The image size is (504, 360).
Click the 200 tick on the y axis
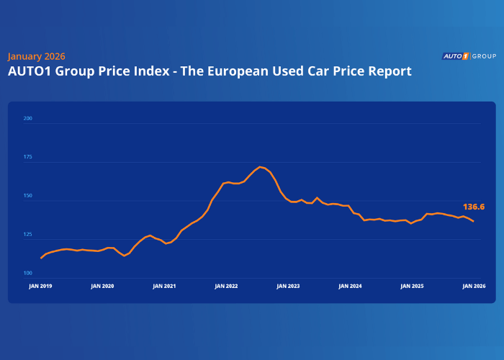pos(28,118)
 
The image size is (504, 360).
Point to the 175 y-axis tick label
pos(28,157)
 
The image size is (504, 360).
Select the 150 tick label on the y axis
pos(28,196)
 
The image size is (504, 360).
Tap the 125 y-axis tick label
pos(28,235)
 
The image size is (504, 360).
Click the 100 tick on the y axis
pos(28,274)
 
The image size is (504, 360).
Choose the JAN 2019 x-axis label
pos(40,286)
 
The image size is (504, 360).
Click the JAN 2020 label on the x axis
pos(102,286)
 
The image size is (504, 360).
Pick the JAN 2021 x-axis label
pos(164,286)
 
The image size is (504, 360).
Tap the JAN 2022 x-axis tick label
pos(226,286)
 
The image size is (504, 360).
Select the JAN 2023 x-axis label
pos(288,286)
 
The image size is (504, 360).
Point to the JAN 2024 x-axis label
pos(350,286)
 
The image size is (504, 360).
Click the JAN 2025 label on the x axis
pos(412,286)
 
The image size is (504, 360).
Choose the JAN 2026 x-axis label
pos(472,286)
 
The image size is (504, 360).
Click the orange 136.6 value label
pos(473,207)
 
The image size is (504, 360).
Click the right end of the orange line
pos(473,221)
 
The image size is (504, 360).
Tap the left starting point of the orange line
pos(41,258)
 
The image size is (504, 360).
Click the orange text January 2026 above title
pos(36,56)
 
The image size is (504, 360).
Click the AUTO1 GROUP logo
pos(468,55)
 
